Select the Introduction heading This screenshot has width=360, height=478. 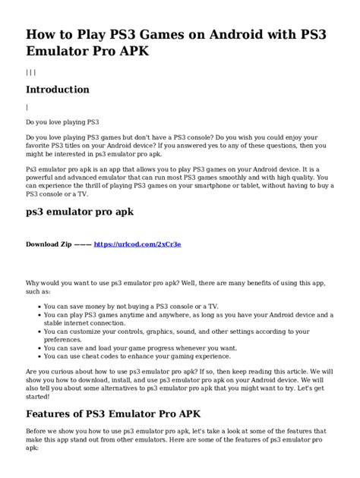[x=58, y=90]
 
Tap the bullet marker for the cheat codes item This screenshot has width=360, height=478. [x=38, y=355]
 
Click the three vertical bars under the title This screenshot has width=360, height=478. [x=30, y=72]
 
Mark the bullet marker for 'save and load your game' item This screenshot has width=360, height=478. [x=38, y=347]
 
